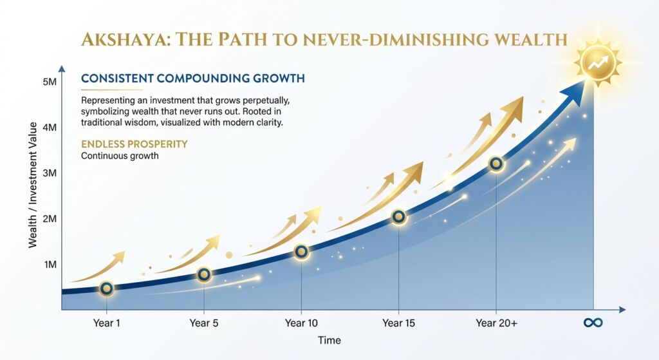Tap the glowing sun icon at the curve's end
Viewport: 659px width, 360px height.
(x=598, y=63)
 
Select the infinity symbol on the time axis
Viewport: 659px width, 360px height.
(x=593, y=323)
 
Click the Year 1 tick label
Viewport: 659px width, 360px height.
(x=106, y=323)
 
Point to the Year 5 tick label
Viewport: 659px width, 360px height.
(x=204, y=323)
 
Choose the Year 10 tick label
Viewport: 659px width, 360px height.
(x=301, y=323)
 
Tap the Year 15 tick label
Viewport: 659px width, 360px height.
(x=398, y=323)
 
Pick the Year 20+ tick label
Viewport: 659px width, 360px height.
(x=496, y=323)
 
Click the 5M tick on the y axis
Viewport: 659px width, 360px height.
(x=50, y=82)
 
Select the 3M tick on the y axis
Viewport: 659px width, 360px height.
(x=50, y=173)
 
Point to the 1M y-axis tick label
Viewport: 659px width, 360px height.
(x=50, y=265)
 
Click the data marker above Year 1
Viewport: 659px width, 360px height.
(x=107, y=289)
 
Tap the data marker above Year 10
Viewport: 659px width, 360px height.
(x=301, y=252)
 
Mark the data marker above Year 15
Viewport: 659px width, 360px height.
(x=399, y=217)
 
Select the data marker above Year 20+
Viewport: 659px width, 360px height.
(x=496, y=163)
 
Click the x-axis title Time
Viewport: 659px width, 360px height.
(x=329, y=340)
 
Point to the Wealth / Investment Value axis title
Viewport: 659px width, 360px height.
(x=32, y=185)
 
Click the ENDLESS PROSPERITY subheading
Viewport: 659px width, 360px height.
(x=135, y=144)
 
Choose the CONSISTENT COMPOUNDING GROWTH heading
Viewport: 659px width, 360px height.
(x=193, y=78)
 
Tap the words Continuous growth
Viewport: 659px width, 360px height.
(x=120, y=156)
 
